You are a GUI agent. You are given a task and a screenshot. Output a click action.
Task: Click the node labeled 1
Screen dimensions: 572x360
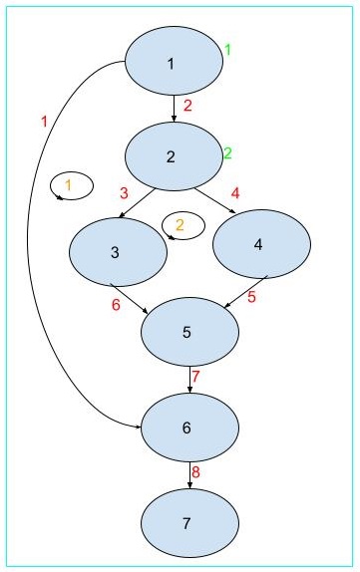(173, 64)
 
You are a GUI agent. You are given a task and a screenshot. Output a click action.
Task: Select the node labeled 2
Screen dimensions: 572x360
(173, 155)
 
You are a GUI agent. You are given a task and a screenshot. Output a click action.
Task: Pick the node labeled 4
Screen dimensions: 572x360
(261, 245)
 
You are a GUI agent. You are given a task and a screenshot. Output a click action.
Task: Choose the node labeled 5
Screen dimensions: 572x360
(189, 333)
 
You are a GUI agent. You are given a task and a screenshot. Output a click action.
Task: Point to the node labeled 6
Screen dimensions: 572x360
(189, 427)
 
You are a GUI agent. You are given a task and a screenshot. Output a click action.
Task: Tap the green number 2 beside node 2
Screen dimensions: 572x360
(226, 153)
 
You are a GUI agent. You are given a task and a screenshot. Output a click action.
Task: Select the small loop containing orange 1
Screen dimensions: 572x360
(71, 185)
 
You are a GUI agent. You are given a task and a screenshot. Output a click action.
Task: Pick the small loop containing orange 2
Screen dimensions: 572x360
(183, 224)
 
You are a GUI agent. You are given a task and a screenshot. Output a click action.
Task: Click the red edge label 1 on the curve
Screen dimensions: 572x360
(44, 122)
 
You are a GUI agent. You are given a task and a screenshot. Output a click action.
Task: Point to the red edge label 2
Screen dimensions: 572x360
(187, 105)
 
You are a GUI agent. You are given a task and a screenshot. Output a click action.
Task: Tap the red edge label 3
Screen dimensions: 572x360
(125, 192)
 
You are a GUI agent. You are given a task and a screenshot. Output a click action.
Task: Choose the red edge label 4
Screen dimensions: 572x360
(235, 191)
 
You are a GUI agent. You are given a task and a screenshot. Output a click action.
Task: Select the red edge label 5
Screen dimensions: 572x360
(251, 297)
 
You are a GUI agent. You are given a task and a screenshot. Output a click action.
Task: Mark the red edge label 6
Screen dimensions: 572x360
(116, 305)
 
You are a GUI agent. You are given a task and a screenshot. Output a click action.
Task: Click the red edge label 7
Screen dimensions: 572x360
(196, 377)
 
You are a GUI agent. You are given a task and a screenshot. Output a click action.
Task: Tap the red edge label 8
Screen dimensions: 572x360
(196, 471)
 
